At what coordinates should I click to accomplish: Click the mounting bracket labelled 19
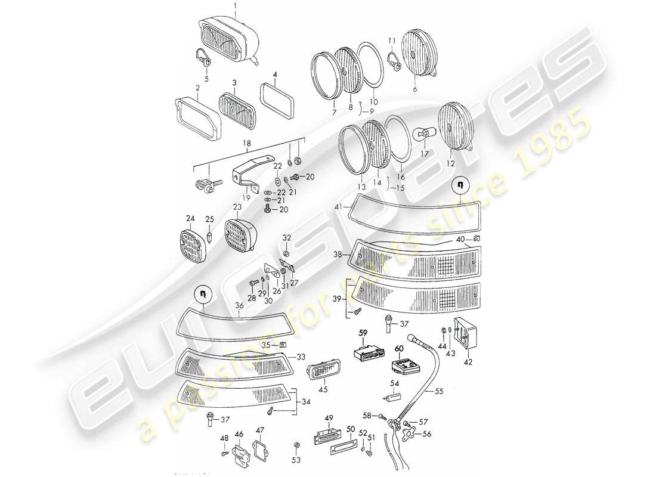click(x=244, y=178)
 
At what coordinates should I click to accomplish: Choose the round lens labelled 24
click(x=193, y=243)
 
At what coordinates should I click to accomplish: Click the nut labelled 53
click(x=296, y=447)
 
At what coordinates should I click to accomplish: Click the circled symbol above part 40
click(x=460, y=185)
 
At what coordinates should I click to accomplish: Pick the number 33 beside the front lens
click(x=301, y=357)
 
